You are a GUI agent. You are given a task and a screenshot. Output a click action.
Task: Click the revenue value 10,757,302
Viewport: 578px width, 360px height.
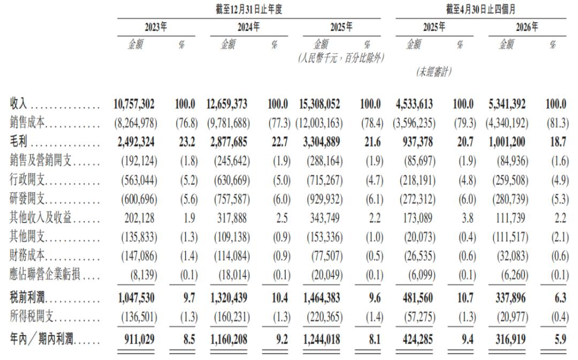tap(134, 104)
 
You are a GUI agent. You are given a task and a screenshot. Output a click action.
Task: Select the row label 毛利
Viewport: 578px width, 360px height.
tap(18, 142)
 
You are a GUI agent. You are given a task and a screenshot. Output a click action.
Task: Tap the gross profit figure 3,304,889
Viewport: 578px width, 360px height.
tap(322, 142)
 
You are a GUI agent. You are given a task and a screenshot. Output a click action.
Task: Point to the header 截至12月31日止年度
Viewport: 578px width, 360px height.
tap(249, 9)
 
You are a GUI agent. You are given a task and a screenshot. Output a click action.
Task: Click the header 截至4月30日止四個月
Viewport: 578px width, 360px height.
tap(480, 9)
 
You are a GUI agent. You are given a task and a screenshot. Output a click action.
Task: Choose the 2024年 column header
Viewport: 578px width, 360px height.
tap(248, 27)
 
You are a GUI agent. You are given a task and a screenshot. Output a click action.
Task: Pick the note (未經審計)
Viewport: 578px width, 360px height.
tap(434, 71)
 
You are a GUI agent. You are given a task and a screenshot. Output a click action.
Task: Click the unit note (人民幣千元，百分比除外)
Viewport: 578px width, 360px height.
tap(341, 58)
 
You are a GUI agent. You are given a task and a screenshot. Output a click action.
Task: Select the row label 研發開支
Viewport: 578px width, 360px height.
tap(27, 198)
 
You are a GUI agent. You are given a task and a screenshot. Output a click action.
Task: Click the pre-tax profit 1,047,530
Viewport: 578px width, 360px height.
tap(136, 298)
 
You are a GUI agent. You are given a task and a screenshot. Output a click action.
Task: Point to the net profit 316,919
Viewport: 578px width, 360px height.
tap(511, 339)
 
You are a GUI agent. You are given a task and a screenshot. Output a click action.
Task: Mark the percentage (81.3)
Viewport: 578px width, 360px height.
tap(557, 123)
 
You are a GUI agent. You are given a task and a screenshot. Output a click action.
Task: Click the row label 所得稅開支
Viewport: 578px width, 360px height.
tap(32, 317)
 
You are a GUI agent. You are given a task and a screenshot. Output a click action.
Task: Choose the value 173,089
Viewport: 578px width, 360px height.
tap(417, 218)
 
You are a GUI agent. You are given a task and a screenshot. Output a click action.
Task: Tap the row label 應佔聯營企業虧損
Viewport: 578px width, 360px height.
tap(45, 274)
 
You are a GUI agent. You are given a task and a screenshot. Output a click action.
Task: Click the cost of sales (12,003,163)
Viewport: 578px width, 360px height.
tap(319, 123)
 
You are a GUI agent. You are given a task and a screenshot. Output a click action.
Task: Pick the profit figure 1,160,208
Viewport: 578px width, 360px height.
tap(229, 339)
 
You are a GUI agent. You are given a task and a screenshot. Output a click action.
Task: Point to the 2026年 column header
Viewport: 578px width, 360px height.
tap(527, 27)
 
